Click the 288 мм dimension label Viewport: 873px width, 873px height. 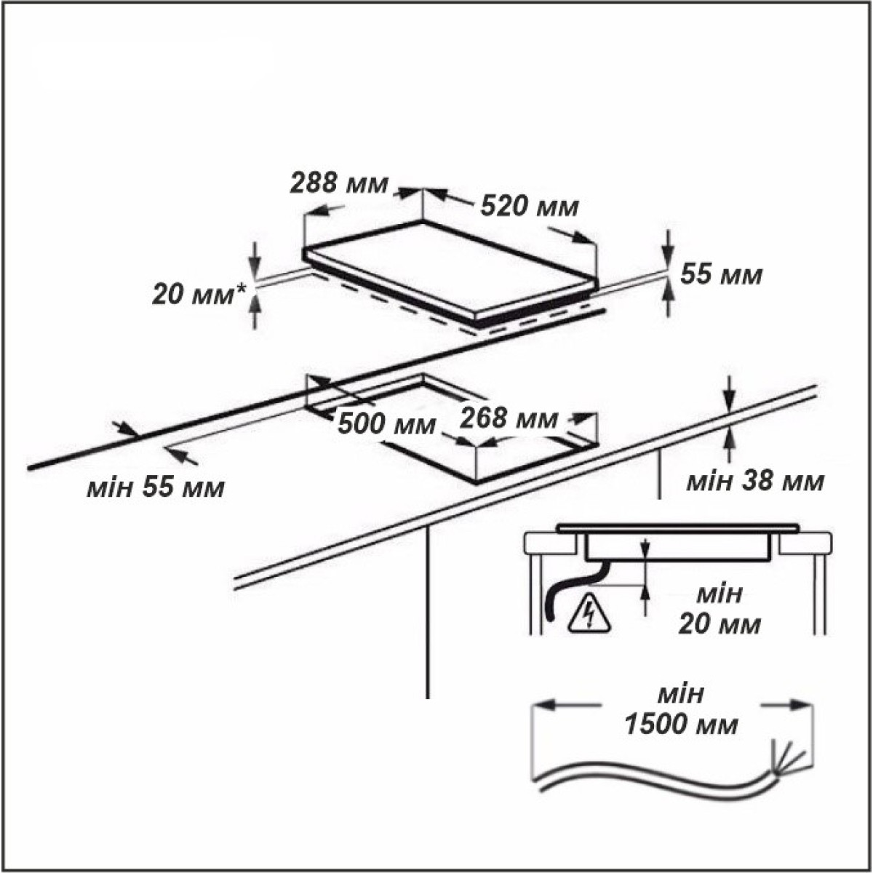click(339, 183)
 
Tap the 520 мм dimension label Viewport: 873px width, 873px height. click(530, 207)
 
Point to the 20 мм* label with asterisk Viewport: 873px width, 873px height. click(199, 295)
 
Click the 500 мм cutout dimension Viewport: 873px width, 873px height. click(387, 424)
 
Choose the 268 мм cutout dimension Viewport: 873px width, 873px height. click(509, 418)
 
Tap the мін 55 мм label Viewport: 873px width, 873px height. click(156, 488)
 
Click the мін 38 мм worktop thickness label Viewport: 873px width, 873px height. click(755, 482)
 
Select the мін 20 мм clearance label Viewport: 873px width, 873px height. click(719, 610)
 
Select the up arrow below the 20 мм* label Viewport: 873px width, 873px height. click(255, 311)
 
